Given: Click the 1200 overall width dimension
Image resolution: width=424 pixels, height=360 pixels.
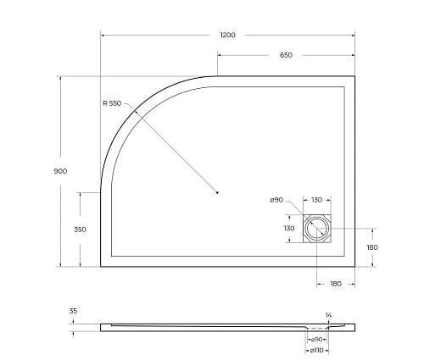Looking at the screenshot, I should pos(226,36).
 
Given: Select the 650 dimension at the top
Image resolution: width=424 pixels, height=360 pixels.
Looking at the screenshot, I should pos(286,55).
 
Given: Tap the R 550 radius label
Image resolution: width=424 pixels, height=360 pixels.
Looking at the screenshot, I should pos(112,103).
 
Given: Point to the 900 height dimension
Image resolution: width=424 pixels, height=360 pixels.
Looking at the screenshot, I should pos(60,170).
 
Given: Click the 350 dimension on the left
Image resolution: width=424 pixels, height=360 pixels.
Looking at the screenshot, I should pos(80,230).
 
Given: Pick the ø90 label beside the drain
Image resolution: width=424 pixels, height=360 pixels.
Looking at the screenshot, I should pos(276,200).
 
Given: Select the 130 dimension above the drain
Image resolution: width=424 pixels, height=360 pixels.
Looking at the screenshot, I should pos(316,200).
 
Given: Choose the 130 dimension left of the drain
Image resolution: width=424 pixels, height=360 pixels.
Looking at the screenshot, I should pos(289,229).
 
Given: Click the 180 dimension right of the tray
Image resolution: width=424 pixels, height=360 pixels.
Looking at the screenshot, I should pos(371,247).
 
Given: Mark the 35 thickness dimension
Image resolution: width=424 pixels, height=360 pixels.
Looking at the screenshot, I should pos(73,312).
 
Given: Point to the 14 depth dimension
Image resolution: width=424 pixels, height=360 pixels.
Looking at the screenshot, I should pos(328,313).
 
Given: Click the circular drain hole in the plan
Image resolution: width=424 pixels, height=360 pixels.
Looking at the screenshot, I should pos(317,229).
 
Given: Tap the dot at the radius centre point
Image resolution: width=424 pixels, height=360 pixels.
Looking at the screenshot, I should pos(218,193).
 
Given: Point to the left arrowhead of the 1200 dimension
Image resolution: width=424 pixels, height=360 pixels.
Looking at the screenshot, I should pos(103,36).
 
